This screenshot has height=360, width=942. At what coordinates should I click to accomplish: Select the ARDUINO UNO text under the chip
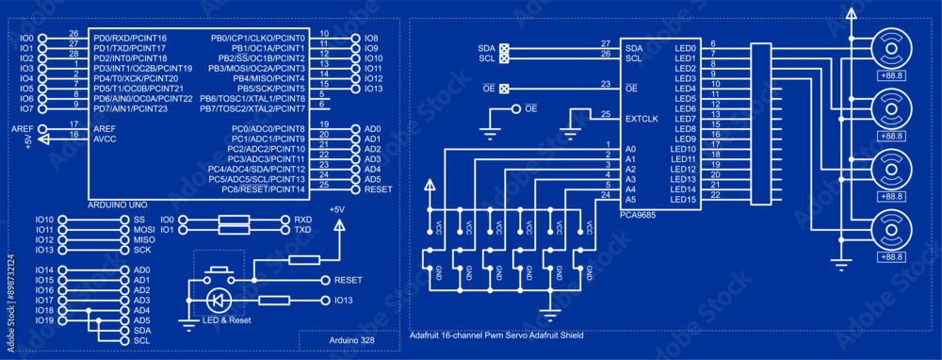(x=119, y=204)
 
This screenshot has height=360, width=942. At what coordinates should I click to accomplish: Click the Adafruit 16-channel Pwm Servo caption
(x=496, y=335)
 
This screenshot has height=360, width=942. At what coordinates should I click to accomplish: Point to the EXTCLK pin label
(x=641, y=119)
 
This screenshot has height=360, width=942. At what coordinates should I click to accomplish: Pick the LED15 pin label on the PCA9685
(x=683, y=199)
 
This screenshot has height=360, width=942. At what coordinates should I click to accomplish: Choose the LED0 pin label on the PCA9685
(x=685, y=47)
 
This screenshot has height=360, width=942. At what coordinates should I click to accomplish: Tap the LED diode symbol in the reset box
(x=218, y=301)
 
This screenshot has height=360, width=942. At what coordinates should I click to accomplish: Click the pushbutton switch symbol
(x=220, y=274)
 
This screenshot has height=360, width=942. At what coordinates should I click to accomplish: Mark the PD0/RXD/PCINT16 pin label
(x=129, y=38)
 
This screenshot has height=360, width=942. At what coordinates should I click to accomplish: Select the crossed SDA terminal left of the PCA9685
(x=504, y=47)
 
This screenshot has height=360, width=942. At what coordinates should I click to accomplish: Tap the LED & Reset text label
(x=226, y=320)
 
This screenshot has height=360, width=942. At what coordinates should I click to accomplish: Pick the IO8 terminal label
(x=371, y=38)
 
